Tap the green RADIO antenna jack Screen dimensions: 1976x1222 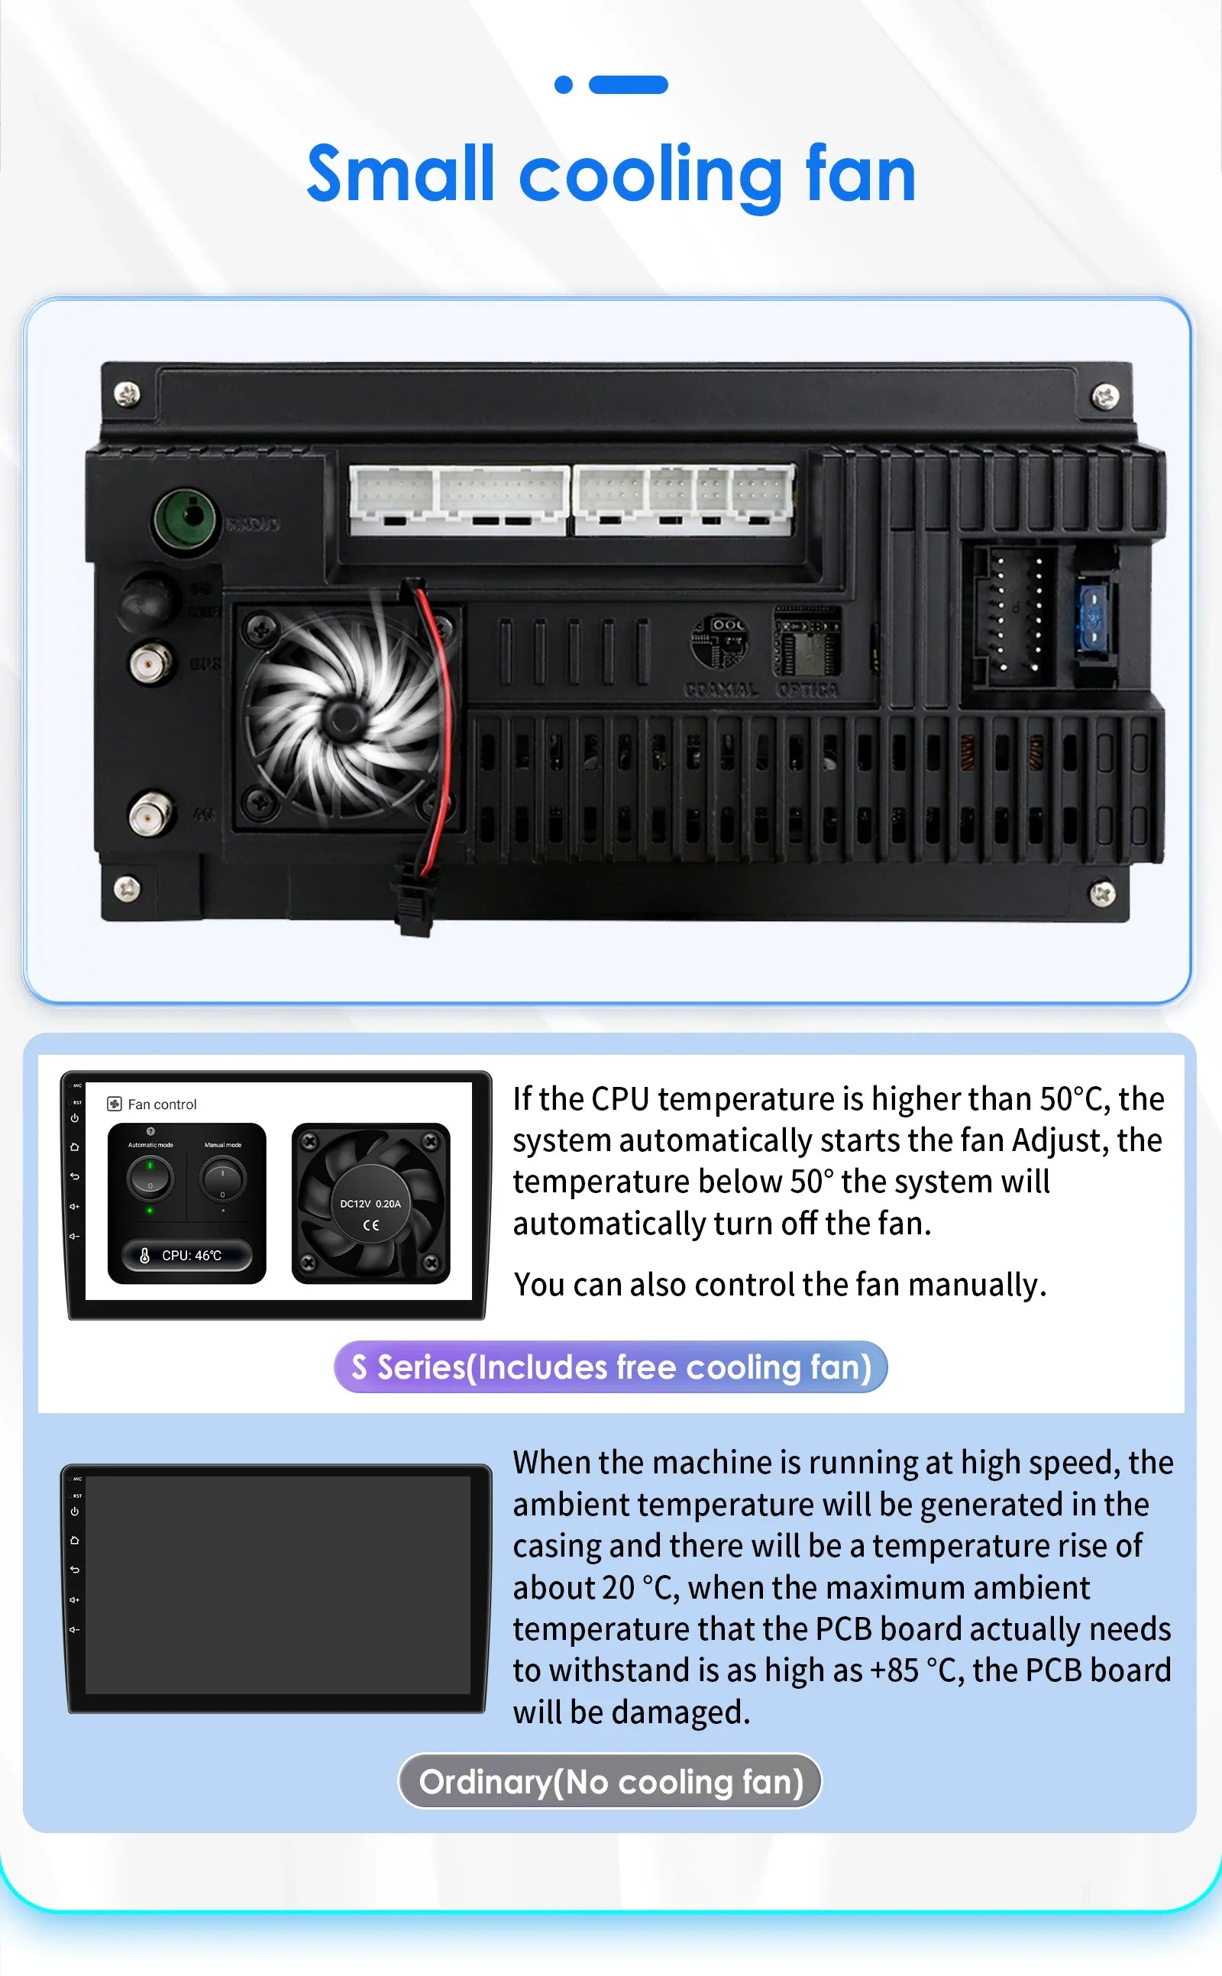coord(186,519)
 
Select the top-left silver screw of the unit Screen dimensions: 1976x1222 coord(127,394)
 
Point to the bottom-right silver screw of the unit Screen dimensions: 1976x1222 coord(1102,893)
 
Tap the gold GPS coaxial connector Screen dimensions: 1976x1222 coord(150,664)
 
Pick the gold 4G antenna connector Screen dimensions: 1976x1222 coord(150,813)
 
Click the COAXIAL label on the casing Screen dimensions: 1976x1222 coord(721,690)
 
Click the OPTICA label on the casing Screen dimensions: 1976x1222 coord(807,690)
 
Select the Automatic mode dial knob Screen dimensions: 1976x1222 coord(150,1178)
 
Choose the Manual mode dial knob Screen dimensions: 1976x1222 coord(222,1179)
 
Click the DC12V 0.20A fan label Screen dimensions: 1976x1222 coord(370,1203)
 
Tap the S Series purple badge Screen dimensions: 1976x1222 coord(610,1367)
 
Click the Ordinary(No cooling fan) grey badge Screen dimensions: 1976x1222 coord(610,1781)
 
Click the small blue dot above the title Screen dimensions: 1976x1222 coord(564,85)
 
